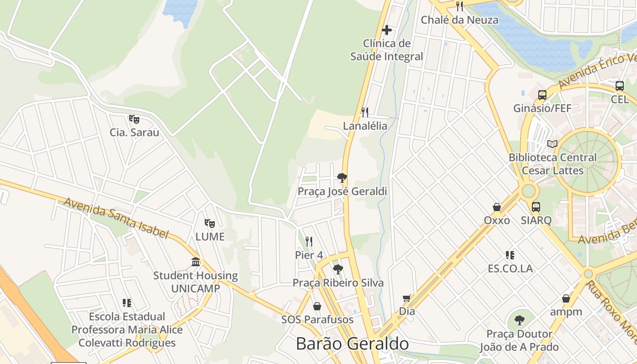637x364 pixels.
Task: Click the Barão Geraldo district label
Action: click(352, 344)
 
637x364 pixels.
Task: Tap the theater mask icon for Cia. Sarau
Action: click(134, 119)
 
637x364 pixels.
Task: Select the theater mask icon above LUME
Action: click(209, 223)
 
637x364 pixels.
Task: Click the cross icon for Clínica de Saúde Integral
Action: click(387, 30)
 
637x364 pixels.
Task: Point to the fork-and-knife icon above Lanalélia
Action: click(364, 112)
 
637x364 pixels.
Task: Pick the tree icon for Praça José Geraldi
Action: click(342, 177)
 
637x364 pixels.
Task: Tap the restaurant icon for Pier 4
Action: click(309, 241)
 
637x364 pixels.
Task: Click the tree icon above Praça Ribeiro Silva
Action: click(338, 269)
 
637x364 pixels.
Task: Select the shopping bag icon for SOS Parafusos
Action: click(317, 306)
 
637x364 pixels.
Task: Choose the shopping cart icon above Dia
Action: click(407, 298)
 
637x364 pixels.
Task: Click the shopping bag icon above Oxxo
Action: click(496, 207)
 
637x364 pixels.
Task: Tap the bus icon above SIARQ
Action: click(536, 207)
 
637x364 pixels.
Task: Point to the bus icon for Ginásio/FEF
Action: click(542, 95)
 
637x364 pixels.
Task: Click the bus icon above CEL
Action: click(619, 86)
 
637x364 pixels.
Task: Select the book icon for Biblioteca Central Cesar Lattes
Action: click(552, 144)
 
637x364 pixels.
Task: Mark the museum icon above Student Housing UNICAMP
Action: click(196, 262)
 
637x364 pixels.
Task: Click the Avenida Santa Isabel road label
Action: click(116, 218)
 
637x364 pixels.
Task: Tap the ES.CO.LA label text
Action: click(510, 268)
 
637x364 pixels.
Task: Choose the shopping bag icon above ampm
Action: click(566, 298)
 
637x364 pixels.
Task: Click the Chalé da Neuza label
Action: click(459, 20)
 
